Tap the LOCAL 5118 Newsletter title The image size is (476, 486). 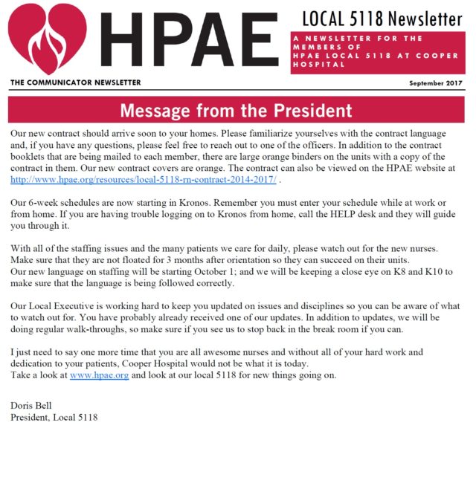click(x=382, y=18)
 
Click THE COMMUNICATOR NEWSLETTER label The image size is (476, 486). click(x=75, y=82)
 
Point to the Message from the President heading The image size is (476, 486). click(x=237, y=111)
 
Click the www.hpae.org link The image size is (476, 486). click(x=99, y=375)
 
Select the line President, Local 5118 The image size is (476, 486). click(x=54, y=417)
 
